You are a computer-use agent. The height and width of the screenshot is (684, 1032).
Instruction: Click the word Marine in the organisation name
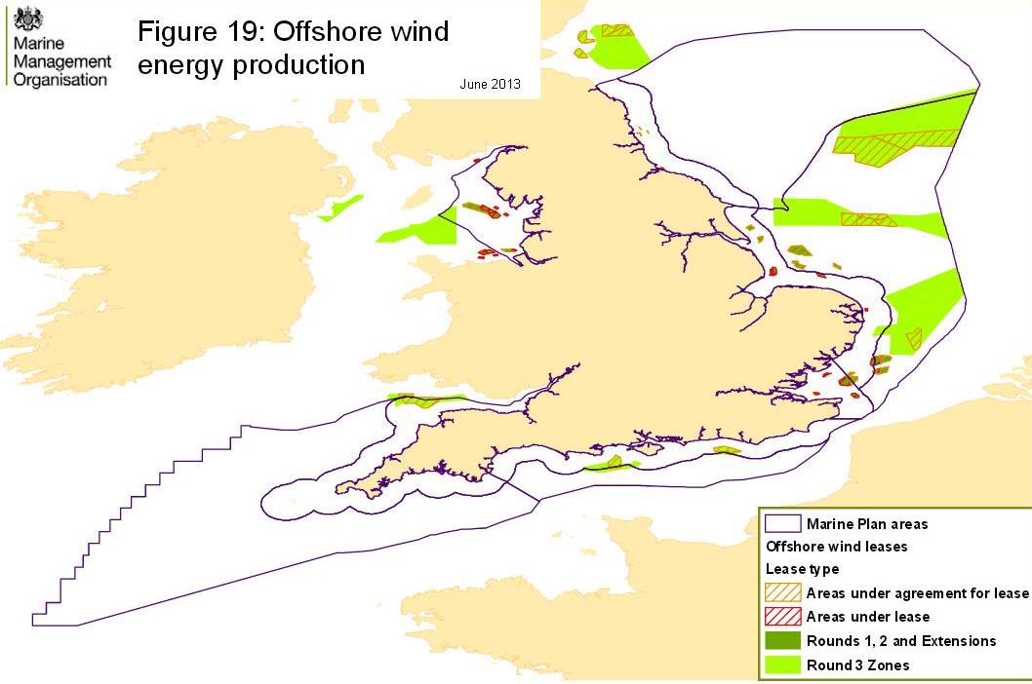point(35,45)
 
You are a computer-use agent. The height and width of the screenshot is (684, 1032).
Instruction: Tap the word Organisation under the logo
point(60,80)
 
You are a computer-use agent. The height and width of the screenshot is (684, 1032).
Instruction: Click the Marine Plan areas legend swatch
point(783,524)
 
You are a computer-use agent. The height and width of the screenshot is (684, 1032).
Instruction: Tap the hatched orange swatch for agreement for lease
point(783,593)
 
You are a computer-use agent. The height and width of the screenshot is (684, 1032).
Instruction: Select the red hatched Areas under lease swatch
point(783,617)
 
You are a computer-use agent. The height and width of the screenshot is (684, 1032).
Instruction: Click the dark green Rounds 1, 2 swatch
point(783,640)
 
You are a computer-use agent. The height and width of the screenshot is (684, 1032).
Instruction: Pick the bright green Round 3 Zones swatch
point(783,665)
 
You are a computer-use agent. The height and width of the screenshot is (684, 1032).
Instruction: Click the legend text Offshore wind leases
point(837,547)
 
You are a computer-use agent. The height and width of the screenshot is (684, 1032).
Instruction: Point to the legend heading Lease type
point(802,569)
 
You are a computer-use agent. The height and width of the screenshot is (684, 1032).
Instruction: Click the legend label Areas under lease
point(867,617)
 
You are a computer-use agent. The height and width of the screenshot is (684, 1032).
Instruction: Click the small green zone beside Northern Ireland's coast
point(341,208)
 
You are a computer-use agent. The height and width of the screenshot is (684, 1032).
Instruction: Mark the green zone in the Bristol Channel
point(425,399)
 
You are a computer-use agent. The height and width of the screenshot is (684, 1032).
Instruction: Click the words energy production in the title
point(251,65)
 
